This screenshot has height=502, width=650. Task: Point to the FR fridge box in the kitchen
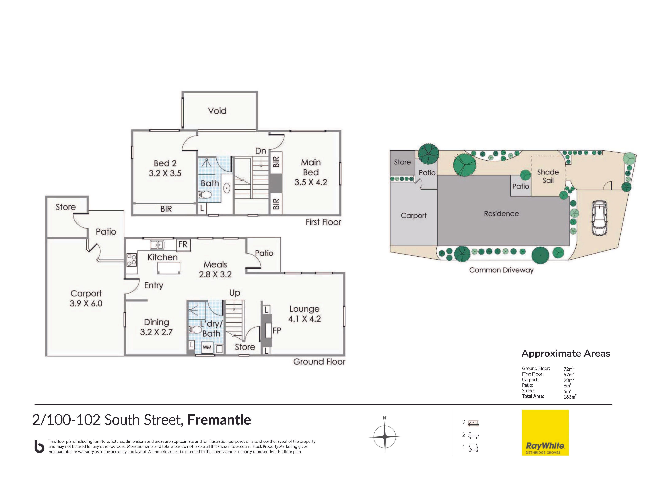tap(183, 244)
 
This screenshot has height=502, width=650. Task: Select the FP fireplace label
tap(277, 330)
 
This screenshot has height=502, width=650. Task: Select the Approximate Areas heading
tap(566, 353)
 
